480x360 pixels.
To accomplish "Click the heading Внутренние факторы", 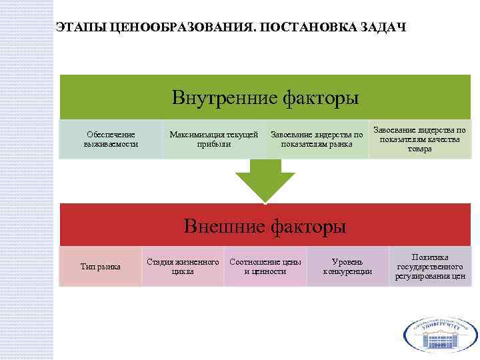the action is [265, 99].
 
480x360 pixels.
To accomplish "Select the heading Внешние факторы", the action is [265, 227].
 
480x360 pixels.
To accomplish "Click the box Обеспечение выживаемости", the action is [111, 139].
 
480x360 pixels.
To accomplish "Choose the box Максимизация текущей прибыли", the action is [213, 139].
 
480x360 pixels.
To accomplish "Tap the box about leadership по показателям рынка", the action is [317, 139].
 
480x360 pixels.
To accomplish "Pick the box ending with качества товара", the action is [419, 139].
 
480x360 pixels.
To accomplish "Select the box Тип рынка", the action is [100, 267].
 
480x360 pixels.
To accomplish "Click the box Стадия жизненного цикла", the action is [183, 267].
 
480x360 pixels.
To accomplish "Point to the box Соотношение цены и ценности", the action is [265, 267].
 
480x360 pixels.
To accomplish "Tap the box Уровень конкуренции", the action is [347, 267].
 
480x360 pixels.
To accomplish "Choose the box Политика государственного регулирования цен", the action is [430, 267].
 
